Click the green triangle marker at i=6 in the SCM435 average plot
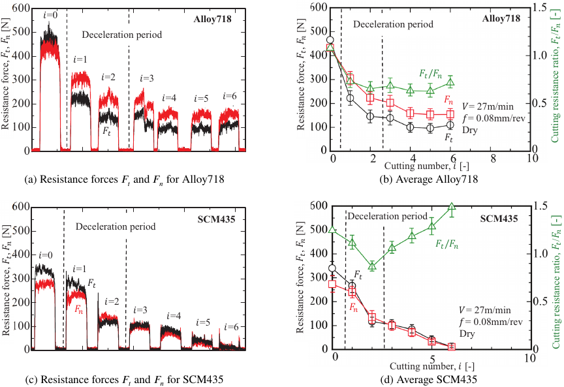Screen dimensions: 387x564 (x=451, y=208)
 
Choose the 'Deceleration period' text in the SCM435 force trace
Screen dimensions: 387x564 (x=116, y=227)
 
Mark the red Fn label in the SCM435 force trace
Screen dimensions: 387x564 (x=79, y=307)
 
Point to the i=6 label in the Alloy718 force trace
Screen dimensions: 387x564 (x=228, y=96)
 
